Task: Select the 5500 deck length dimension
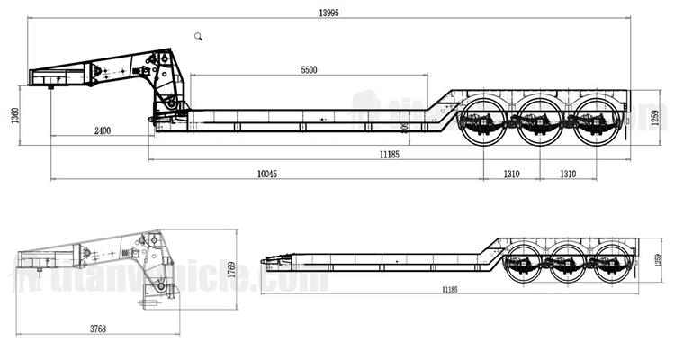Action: tap(308, 70)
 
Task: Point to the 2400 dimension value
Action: tap(102, 131)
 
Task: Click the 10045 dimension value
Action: tap(267, 173)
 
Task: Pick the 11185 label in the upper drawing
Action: tap(390, 156)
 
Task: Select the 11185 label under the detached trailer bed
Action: tap(452, 290)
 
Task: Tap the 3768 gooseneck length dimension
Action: tap(98, 328)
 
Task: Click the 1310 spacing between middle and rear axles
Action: tap(568, 173)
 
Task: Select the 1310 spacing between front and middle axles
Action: tap(512, 173)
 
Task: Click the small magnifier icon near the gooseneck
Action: tap(199, 35)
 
